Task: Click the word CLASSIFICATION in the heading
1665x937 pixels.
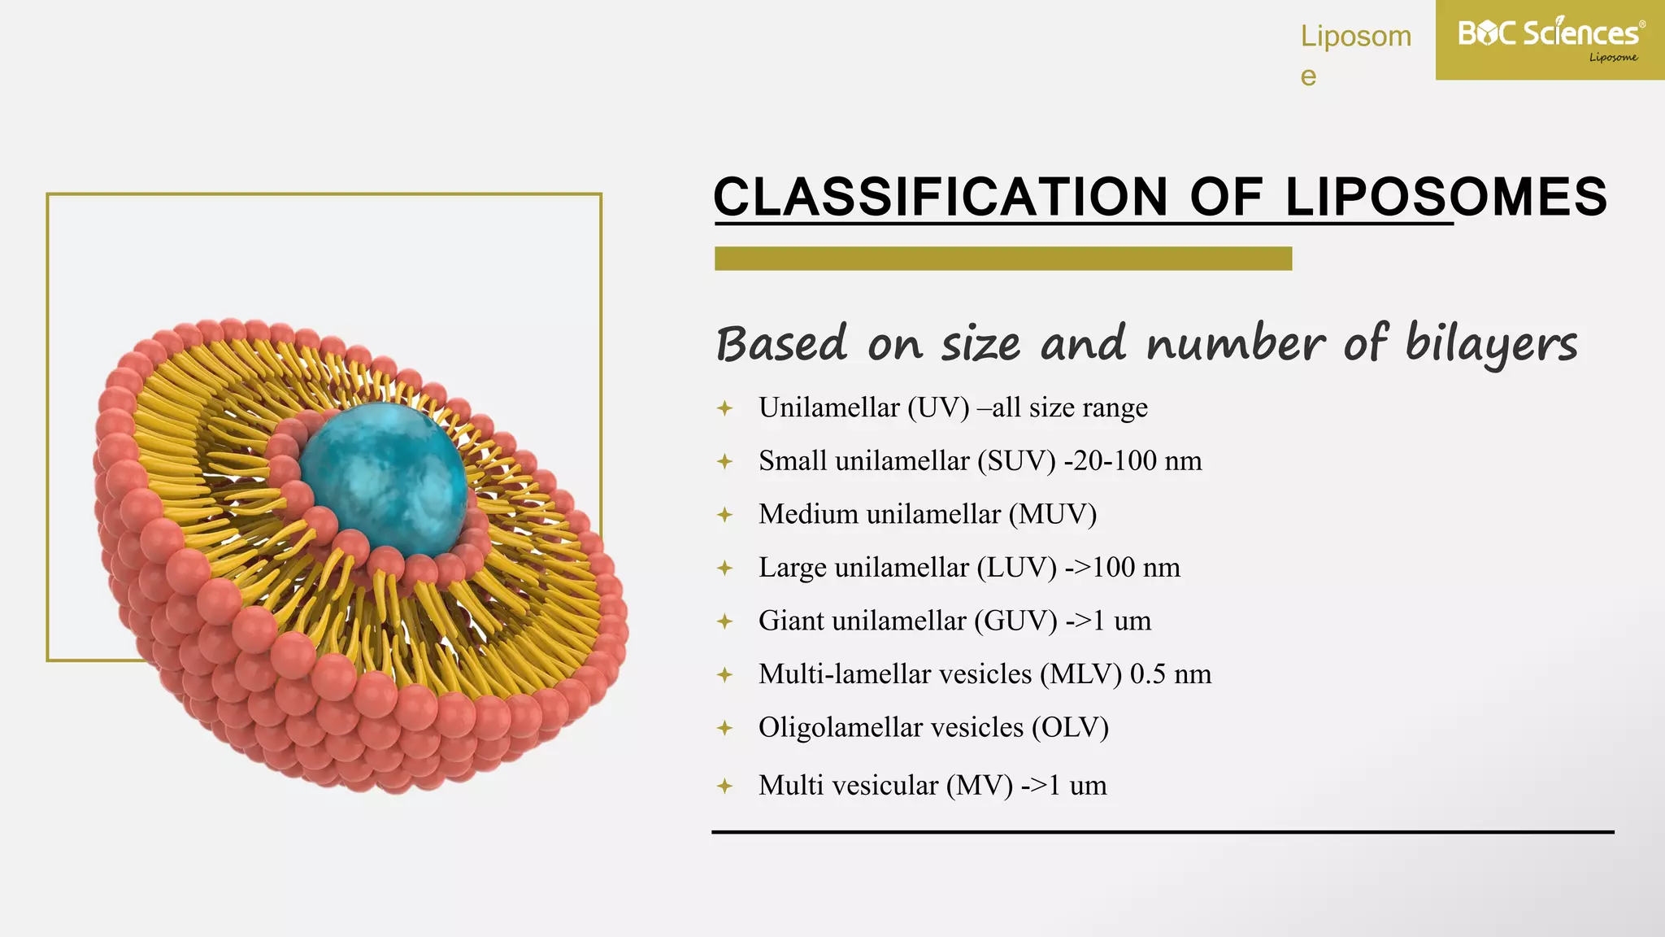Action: coord(940,197)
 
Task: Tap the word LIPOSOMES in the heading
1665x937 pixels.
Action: coord(1445,197)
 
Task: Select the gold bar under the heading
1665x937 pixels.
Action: coord(1002,259)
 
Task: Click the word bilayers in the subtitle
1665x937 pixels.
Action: coord(1491,344)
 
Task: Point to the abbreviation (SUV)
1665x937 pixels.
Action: coord(1016,461)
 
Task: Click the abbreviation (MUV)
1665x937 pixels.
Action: coord(1053,515)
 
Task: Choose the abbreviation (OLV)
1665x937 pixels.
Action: coord(1070,728)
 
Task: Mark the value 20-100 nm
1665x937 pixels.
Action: coord(1137,461)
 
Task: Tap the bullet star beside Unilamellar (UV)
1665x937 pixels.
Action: coord(725,408)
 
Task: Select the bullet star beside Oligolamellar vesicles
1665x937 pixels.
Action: coord(725,728)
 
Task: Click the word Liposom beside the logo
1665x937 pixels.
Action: coord(1355,37)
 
